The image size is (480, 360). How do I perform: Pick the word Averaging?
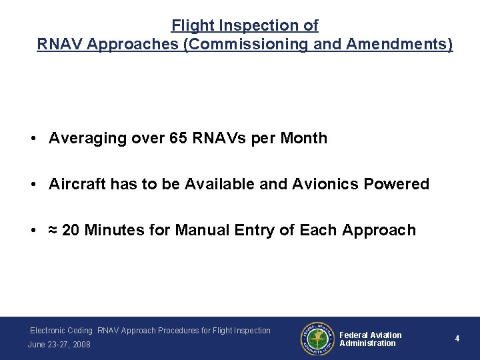tap(83, 138)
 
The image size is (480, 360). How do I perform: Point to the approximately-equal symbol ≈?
tap(53, 231)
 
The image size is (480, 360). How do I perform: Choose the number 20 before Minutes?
tap(71, 230)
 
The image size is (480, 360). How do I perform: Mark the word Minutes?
tap(115, 230)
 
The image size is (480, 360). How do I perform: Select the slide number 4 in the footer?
tap(457, 339)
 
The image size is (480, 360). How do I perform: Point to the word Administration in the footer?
tap(367, 343)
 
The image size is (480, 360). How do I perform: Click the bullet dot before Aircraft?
tap(32, 185)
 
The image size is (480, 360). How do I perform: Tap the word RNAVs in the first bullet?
tap(213, 138)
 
